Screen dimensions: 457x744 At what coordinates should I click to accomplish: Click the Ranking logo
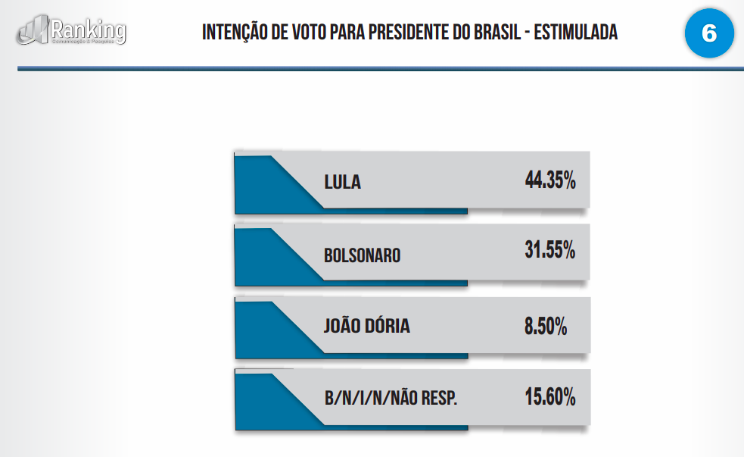tap(73, 31)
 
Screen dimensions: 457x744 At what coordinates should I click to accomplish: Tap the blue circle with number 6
tap(709, 33)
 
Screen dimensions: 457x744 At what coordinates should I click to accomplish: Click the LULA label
tap(342, 183)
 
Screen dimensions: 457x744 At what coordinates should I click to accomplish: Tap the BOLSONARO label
tap(362, 255)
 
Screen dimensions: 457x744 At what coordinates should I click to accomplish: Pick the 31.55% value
tap(550, 251)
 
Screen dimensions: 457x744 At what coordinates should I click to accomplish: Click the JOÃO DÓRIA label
tap(366, 327)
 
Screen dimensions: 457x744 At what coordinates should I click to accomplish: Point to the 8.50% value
tap(545, 327)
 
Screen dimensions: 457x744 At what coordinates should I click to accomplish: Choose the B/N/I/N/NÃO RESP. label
tap(390, 398)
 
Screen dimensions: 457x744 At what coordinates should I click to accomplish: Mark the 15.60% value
tap(550, 396)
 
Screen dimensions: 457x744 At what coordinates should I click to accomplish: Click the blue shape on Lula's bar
tap(265, 186)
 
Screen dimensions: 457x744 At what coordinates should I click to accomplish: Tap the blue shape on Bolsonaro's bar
tap(265, 258)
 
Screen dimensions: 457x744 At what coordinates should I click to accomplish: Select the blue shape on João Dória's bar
tap(265, 329)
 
